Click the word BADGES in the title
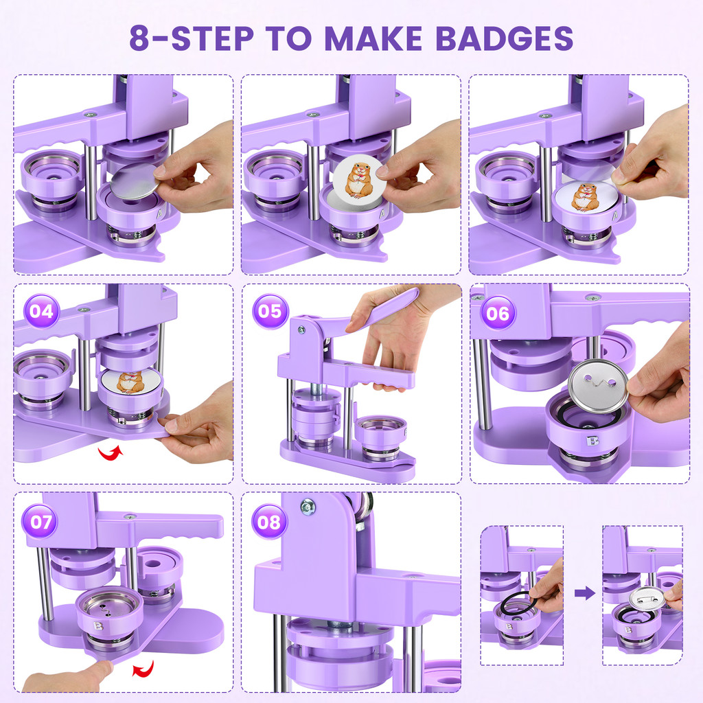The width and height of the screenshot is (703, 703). tap(505, 38)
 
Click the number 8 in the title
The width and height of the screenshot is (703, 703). tap(139, 38)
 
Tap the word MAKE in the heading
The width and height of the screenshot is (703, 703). tap(373, 38)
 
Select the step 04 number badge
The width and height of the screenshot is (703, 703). tap(41, 311)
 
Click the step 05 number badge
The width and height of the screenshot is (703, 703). tap(270, 311)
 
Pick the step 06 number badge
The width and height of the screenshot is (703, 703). tap(498, 313)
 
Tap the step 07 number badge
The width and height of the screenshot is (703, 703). tap(41, 522)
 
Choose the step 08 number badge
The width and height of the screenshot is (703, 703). tap(269, 522)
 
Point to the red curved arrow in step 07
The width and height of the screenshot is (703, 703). tap(143, 669)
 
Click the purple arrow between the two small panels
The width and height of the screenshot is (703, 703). tap(585, 593)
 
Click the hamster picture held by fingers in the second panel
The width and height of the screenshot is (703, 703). tap(359, 180)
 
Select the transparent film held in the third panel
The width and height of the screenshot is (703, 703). tap(591, 170)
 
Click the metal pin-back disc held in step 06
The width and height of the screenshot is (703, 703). tap(599, 386)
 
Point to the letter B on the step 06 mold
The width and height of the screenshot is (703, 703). tap(592, 441)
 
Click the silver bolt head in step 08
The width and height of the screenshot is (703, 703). tap(308, 507)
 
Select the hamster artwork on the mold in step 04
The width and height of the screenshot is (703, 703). tap(130, 382)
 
